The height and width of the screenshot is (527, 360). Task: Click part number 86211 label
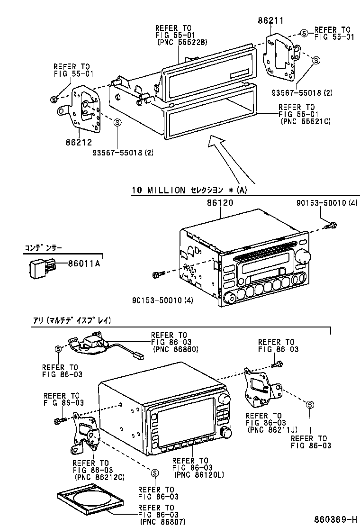270,20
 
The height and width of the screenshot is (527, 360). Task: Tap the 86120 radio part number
220,202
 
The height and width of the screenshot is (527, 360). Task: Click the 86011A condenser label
84,264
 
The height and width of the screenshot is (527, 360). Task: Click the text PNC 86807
162,521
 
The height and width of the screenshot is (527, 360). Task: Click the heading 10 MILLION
158,190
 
